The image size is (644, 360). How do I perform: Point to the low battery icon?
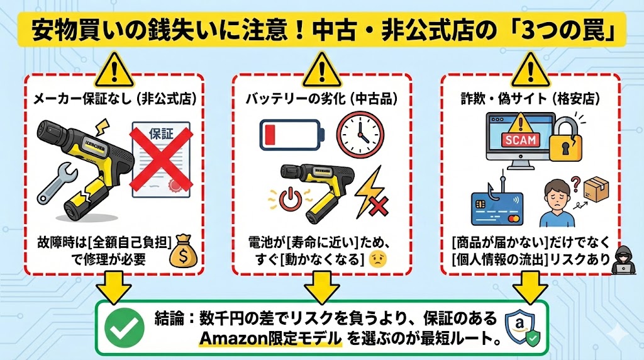pyautogui.click(x=292, y=133)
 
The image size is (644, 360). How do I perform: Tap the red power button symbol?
pyautogui.click(x=291, y=200)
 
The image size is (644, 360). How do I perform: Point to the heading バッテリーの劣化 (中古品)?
pyautogui.click(x=322, y=99)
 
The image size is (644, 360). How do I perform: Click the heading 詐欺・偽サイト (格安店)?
pyautogui.click(x=530, y=99)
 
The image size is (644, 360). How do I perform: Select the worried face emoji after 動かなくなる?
pyautogui.click(x=377, y=259)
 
